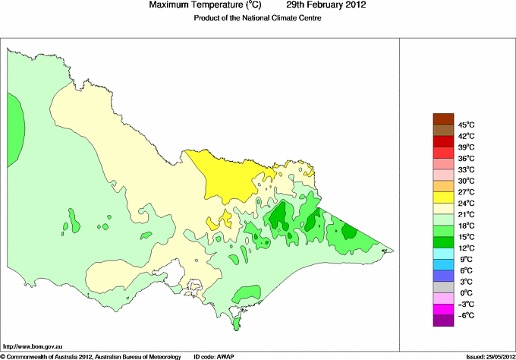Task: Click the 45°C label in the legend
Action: [x=466, y=125]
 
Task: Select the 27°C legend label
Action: [x=466, y=192]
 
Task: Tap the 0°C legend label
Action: [x=465, y=293]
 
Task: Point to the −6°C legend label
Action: [x=465, y=315]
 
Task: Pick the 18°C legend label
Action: [x=466, y=226]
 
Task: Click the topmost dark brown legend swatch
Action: [x=442, y=118]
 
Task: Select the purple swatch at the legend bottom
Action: [x=442, y=321]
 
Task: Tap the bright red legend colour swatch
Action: [x=442, y=141]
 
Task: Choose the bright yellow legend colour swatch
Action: [x=442, y=197]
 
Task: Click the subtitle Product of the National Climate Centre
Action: [x=259, y=18]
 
